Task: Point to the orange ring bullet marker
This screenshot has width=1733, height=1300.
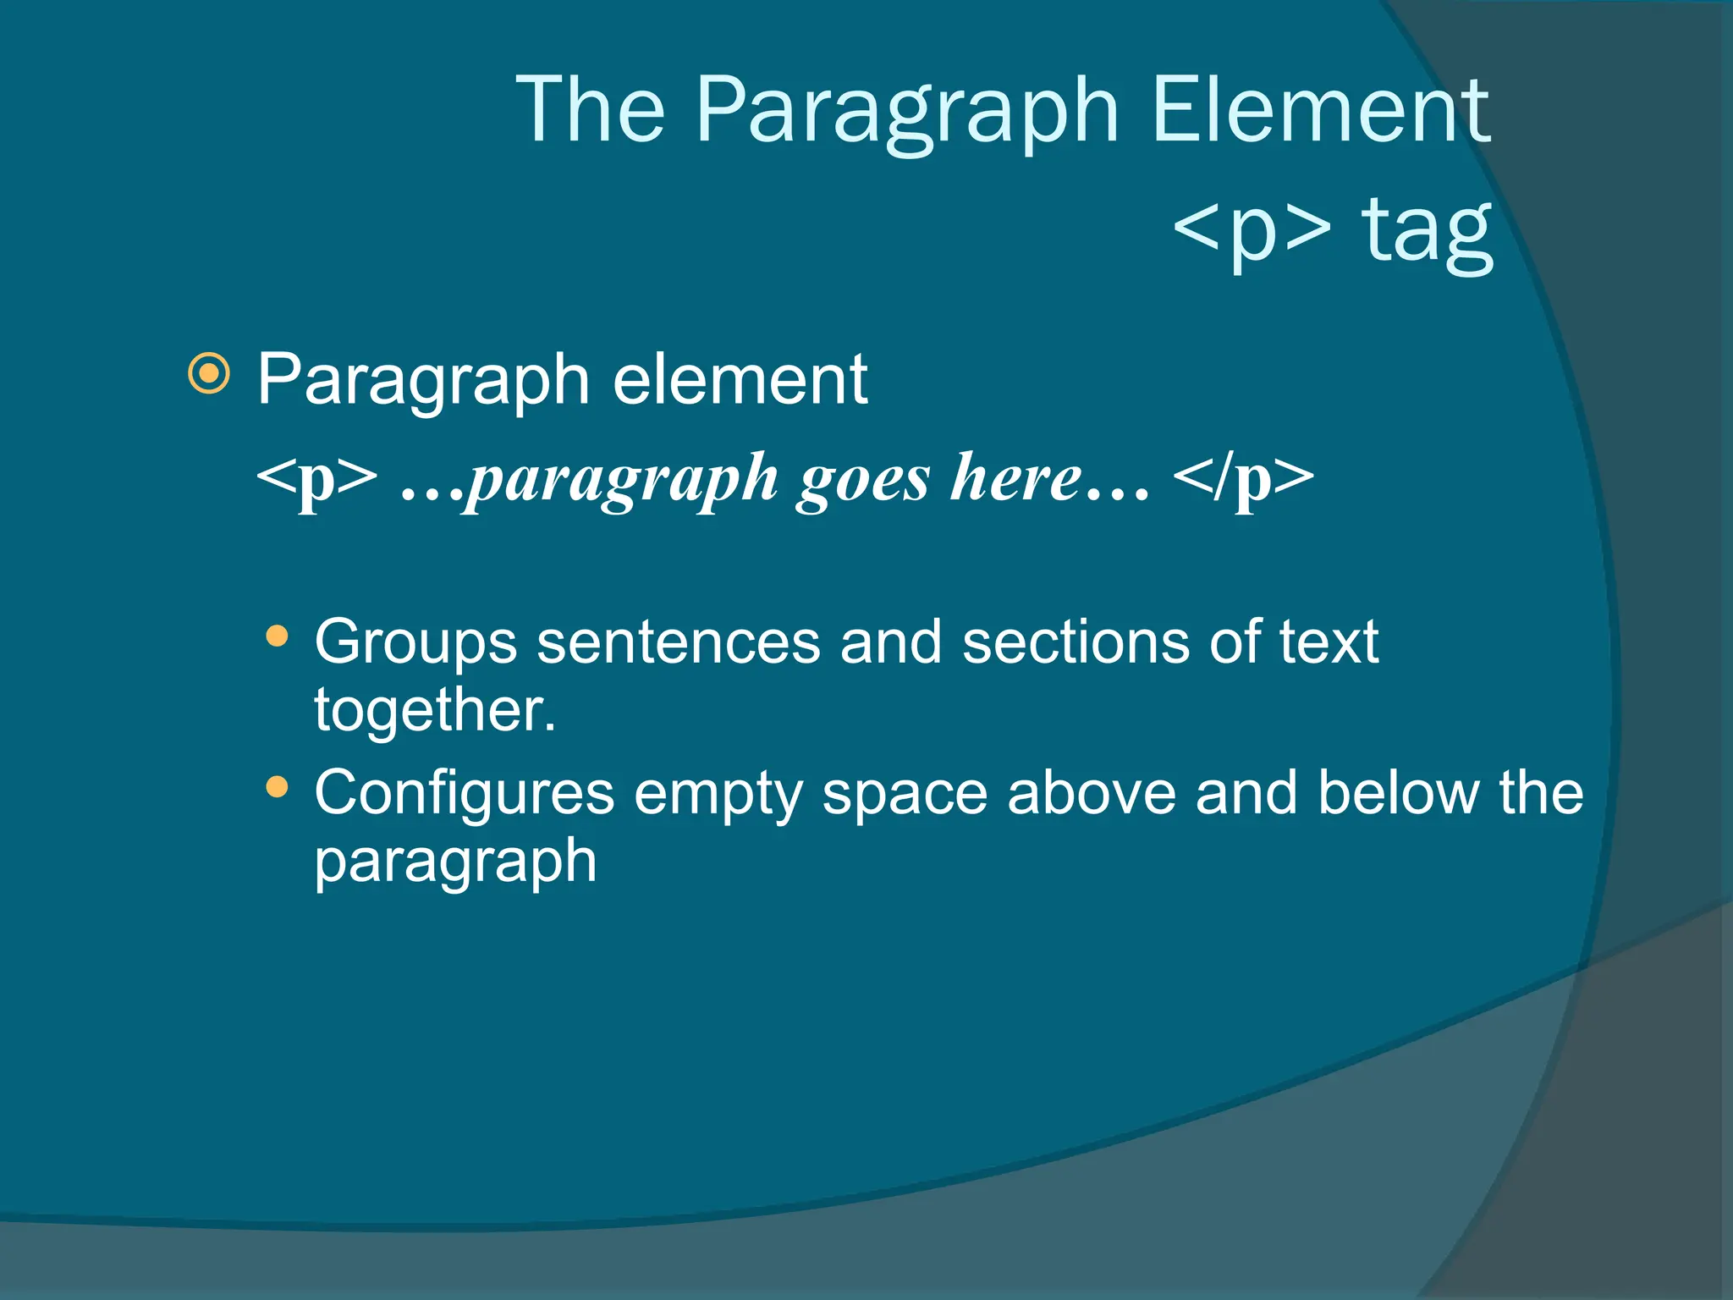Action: point(209,373)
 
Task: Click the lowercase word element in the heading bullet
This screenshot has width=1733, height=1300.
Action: point(740,380)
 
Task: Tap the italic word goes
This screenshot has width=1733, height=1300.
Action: point(863,480)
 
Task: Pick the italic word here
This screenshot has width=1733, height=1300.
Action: point(1015,478)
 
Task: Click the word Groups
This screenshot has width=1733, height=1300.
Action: point(415,643)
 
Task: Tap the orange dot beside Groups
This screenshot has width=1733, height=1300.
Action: point(277,636)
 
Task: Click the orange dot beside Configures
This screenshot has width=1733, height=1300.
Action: point(277,788)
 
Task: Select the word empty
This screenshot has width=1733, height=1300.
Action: point(718,796)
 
